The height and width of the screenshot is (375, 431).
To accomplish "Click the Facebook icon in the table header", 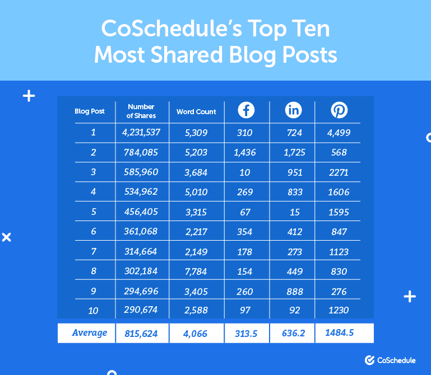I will click(x=246, y=110).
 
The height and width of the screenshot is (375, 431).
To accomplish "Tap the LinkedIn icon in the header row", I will click(x=294, y=110).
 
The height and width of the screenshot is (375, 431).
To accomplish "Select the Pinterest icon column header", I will click(x=339, y=110).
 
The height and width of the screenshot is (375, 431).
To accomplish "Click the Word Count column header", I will click(x=196, y=111).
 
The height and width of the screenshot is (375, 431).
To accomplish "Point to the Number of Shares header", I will click(x=141, y=111).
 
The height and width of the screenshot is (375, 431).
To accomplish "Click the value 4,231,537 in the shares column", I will click(x=141, y=133).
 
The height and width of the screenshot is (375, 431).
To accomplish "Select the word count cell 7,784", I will click(x=196, y=271).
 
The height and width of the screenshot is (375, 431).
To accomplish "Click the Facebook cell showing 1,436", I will click(x=244, y=152).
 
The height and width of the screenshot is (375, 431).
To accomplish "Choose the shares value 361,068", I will click(x=141, y=232).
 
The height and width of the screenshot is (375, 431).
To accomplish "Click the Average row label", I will click(x=89, y=333).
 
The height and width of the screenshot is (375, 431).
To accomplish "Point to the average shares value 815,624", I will click(x=141, y=334).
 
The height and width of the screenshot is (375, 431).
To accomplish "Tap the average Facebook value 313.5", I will click(x=245, y=334).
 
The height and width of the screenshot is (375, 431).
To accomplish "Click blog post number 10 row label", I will click(x=93, y=310).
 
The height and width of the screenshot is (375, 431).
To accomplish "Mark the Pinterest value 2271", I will click(x=339, y=172).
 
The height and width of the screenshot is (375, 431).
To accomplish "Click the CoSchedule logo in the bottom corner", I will click(x=390, y=360).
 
